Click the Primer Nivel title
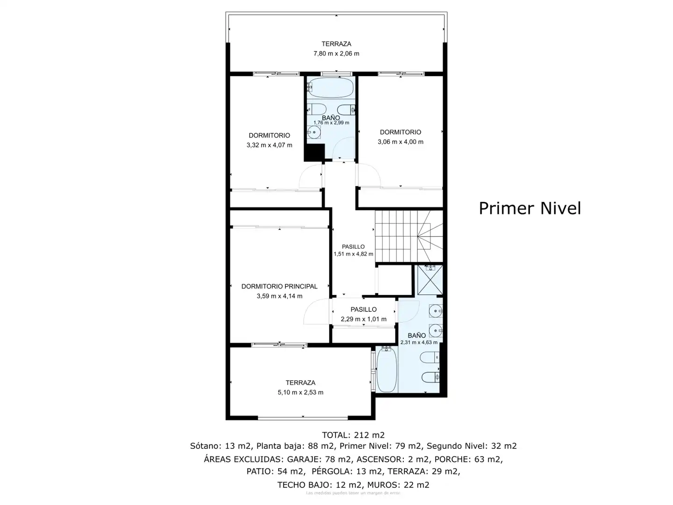(x=530, y=209)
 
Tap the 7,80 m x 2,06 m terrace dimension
(x=336, y=54)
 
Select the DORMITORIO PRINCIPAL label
(x=279, y=286)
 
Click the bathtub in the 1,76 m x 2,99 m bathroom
(x=331, y=87)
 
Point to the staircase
(x=409, y=236)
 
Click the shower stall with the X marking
(x=430, y=280)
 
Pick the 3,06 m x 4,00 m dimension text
(x=401, y=142)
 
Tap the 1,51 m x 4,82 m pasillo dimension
(x=353, y=254)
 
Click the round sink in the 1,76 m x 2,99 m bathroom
(x=314, y=132)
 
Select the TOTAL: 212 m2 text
(x=353, y=435)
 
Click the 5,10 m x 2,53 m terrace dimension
(x=301, y=392)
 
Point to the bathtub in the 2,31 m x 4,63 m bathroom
(x=387, y=370)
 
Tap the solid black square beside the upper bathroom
(x=314, y=152)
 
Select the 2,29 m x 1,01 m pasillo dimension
(x=364, y=319)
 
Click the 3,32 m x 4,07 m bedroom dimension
(x=269, y=145)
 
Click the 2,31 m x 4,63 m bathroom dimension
(x=419, y=342)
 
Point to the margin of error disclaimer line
(x=353, y=493)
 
